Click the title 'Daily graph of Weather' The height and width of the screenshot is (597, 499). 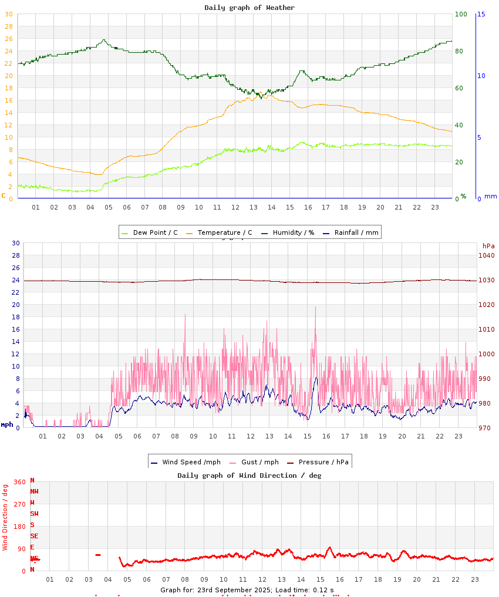pyautogui.click(x=249, y=8)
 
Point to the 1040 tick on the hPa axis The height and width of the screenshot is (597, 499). pyautogui.click(x=487, y=255)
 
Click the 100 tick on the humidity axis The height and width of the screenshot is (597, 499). pyautogui.click(x=461, y=14)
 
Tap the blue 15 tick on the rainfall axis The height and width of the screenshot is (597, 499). pyautogui.click(x=481, y=14)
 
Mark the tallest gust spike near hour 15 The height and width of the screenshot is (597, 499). pyautogui.click(x=315, y=307)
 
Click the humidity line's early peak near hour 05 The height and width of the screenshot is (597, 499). pyautogui.click(x=104, y=40)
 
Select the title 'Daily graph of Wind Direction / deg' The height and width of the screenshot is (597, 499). pyautogui.click(x=249, y=475)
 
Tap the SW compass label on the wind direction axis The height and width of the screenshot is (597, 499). pyautogui.click(x=34, y=514)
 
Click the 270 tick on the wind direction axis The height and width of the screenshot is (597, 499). pyautogui.click(x=19, y=504)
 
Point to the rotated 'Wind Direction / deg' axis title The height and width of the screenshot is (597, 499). pyautogui.click(x=5, y=517)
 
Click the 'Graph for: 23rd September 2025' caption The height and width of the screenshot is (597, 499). pyautogui.click(x=247, y=590)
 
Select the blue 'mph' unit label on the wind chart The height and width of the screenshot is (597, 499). pyautogui.click(x=6, y=424)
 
